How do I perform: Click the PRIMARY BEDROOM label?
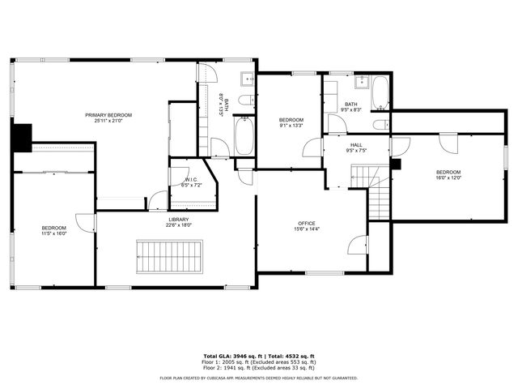pyautogui.click(x=108, y=115)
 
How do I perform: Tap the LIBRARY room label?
pyautogui.click(x=179, y=220)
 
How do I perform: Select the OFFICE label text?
pyautogui.click(x=307, y=223)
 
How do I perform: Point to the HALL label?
pyautogui.click(x=356, y=145)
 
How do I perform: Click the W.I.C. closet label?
pyautogui.click(x=191, y=179)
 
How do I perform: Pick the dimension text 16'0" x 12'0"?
pyautogui.click(x=448, y=178)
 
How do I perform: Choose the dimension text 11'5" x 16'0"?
pyautogui.click(x=54, y=234)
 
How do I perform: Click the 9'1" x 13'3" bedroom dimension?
pyautogui.click(x=291, y=126)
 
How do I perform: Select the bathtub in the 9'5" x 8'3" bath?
pyautogui.click(x=380, y=93)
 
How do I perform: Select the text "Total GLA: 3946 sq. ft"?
pyautogui.click(x=236, y=356)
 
